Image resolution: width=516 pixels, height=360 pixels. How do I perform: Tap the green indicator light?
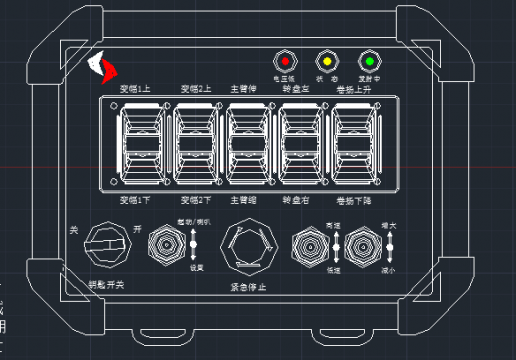(x=369, y=59)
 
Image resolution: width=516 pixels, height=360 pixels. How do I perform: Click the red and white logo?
(x=102, y=66)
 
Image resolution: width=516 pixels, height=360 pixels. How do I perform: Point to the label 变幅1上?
(x=136, y=88)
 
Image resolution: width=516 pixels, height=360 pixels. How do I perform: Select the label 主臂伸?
(x=244, y=88)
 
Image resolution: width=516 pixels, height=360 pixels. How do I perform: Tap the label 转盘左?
(x=298, y=88)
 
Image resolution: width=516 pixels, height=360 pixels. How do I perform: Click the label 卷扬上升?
(x=354, y=88)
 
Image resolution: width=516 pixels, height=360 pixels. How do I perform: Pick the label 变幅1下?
(x=136, y=200)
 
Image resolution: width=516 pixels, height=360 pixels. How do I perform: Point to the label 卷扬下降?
(x=354, y=200)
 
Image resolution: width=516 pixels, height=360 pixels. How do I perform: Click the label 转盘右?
(x=298, y=200)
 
